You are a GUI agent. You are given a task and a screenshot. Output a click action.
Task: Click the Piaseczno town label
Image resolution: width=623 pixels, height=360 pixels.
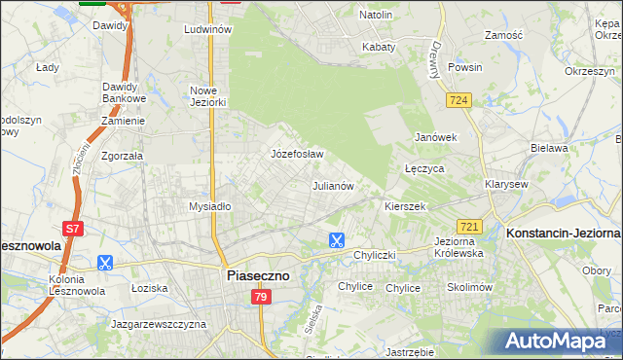[x=257, y=275]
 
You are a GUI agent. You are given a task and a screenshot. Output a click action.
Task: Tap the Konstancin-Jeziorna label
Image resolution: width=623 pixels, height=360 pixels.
[x=564, y=234]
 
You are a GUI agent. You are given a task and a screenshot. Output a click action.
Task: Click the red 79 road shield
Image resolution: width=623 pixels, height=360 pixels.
[x=260, y=297]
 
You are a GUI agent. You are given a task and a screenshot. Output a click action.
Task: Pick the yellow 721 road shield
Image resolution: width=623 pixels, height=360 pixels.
[x=468, y=226]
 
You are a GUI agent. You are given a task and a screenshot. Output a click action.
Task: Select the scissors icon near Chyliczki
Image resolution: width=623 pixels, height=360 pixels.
[x=336, y=239]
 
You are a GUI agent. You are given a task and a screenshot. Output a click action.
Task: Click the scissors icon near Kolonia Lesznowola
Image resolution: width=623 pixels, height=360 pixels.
[x=105, y=262]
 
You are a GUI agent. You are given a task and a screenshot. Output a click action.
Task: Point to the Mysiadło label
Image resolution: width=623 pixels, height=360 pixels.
[x=209, y=206]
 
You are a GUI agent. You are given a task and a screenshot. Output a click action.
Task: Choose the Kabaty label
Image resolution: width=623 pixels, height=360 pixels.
[x=379, y=46]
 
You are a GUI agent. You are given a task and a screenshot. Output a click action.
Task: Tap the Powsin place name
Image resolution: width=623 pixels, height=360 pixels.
[x=465, y=68]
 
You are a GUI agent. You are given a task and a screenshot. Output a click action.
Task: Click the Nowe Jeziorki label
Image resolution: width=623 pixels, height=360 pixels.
[x=208, y=96]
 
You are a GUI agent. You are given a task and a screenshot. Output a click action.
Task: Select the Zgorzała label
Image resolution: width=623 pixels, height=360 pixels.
[x=123, y=155]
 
